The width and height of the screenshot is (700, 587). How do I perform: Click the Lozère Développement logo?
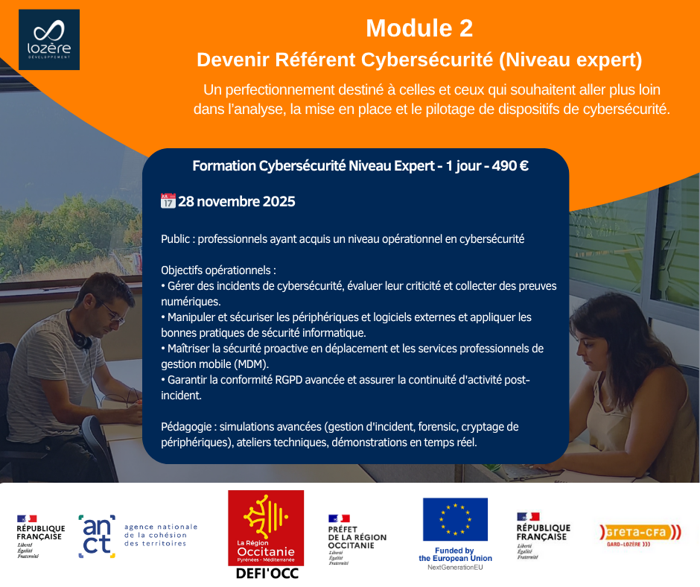(49, 39)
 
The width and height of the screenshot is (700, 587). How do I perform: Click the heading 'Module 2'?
(419, 28)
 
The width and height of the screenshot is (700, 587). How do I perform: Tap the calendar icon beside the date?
(168, 201)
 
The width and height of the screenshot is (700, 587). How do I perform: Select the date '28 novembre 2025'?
(237, 201)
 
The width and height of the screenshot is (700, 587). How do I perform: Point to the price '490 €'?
(510, 166)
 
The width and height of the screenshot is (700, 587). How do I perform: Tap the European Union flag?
(455, 519)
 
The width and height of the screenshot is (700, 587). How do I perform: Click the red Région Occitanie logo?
(266, 528)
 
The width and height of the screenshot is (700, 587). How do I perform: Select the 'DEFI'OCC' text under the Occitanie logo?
(267, 574)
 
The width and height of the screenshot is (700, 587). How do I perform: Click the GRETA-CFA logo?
(640, 534)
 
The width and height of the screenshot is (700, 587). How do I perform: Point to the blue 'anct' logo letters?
(97, 536)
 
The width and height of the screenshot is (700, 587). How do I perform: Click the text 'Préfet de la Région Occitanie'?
(357, 537)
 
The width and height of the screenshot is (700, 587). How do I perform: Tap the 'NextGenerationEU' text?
(455, 568)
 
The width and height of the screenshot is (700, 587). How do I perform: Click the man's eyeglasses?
(112, 314)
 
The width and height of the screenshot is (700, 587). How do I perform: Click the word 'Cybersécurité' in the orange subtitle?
(427, 60)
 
